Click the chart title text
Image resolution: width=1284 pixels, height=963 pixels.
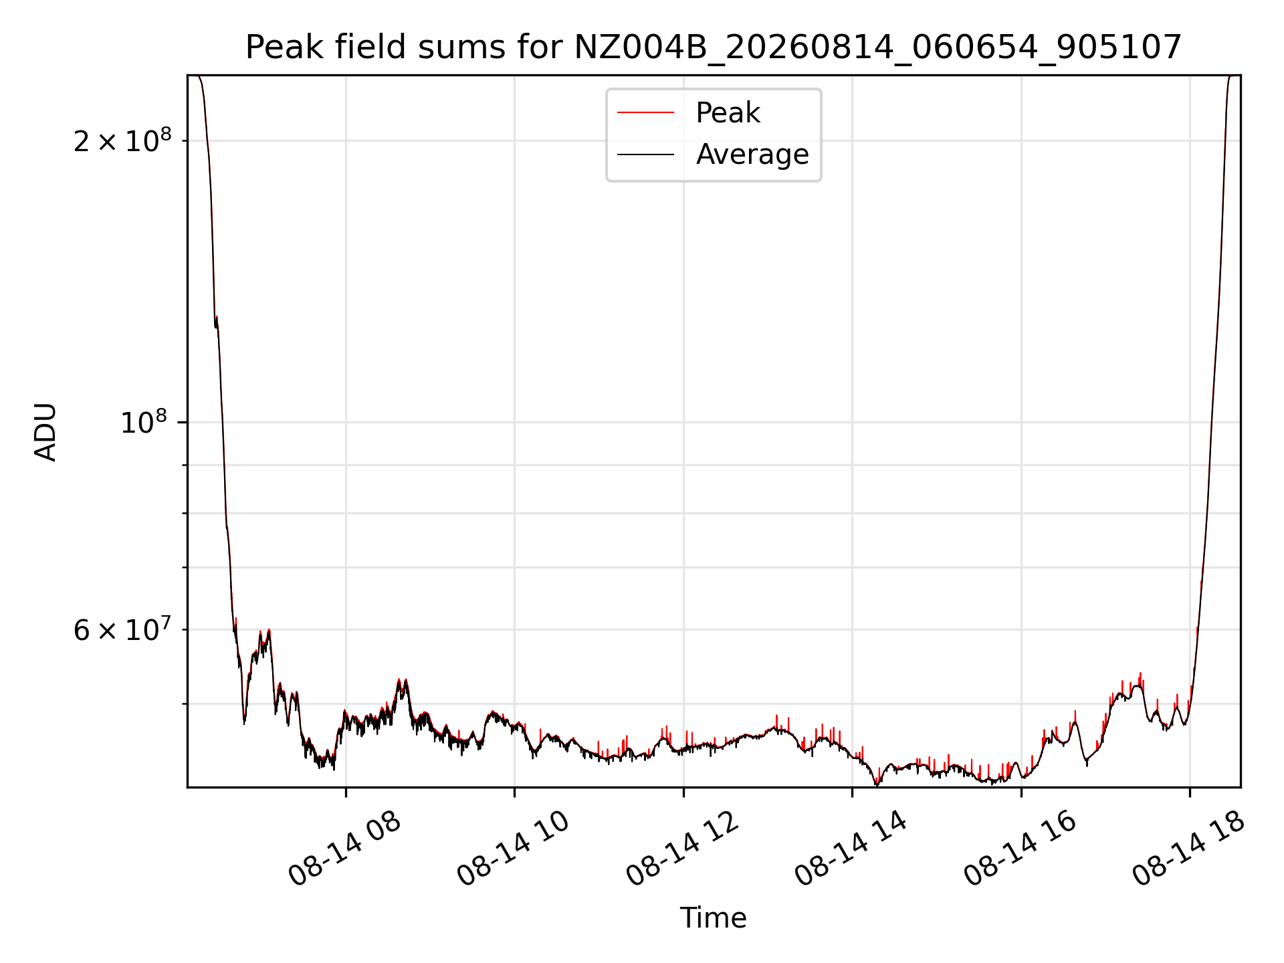[x=714, y=47]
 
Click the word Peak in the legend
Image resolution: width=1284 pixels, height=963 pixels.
[x=728, y=113]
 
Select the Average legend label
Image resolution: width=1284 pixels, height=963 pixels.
[x=752, y=154]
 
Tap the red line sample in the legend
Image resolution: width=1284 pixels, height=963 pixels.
[x=645, y=113]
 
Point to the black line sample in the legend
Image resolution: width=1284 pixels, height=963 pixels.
[x=645, y=154]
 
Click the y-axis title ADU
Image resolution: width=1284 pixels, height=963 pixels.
[x=45, y=432]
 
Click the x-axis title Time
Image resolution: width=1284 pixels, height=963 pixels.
[x=714, y=918]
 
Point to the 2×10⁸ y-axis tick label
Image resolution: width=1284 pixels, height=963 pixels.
[x=122, y=140]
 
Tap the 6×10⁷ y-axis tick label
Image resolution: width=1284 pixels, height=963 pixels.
[x=122, y=629]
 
